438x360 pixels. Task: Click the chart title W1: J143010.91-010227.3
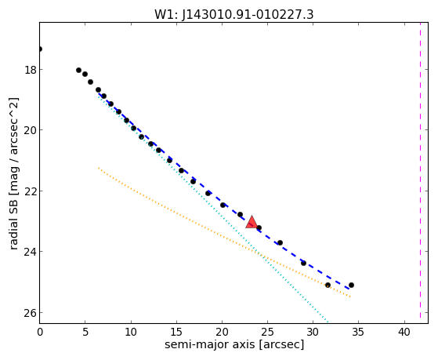click(234, 14)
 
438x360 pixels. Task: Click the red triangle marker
click(252, 223)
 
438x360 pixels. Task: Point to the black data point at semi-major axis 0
click(40, 49)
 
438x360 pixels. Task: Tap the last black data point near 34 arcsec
click(351, 285)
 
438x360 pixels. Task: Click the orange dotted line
click(224, 232)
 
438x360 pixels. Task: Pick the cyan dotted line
click(212, 209)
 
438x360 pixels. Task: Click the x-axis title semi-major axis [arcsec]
click(234, 344)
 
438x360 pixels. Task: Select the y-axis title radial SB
click(14, 173)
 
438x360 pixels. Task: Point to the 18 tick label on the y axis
click(31, 69)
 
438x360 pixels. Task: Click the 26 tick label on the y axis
click(31, 312)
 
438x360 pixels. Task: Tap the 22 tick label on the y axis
click(31, 191)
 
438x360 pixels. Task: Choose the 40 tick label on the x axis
click(404, 332)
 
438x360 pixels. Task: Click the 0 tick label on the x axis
click(40, 332)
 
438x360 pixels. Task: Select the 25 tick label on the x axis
click(267, 332)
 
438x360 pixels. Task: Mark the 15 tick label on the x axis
click(176, 332)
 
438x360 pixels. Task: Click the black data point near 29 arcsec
click(304, 263)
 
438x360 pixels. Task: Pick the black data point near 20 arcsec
click(223, 205)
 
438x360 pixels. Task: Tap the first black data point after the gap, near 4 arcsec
click(79, 71)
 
